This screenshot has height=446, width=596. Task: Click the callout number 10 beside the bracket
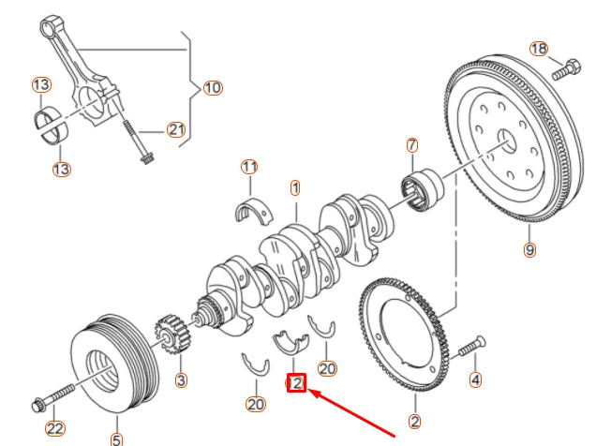212,88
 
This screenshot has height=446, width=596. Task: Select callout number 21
177,130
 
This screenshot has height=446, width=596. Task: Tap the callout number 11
248,167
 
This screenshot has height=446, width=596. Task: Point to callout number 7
411,145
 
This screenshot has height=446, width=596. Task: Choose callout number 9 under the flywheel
529,249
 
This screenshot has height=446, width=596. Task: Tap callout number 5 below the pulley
116,438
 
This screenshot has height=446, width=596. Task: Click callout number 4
475,379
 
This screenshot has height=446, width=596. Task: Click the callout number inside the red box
296,382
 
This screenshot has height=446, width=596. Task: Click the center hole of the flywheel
507,142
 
